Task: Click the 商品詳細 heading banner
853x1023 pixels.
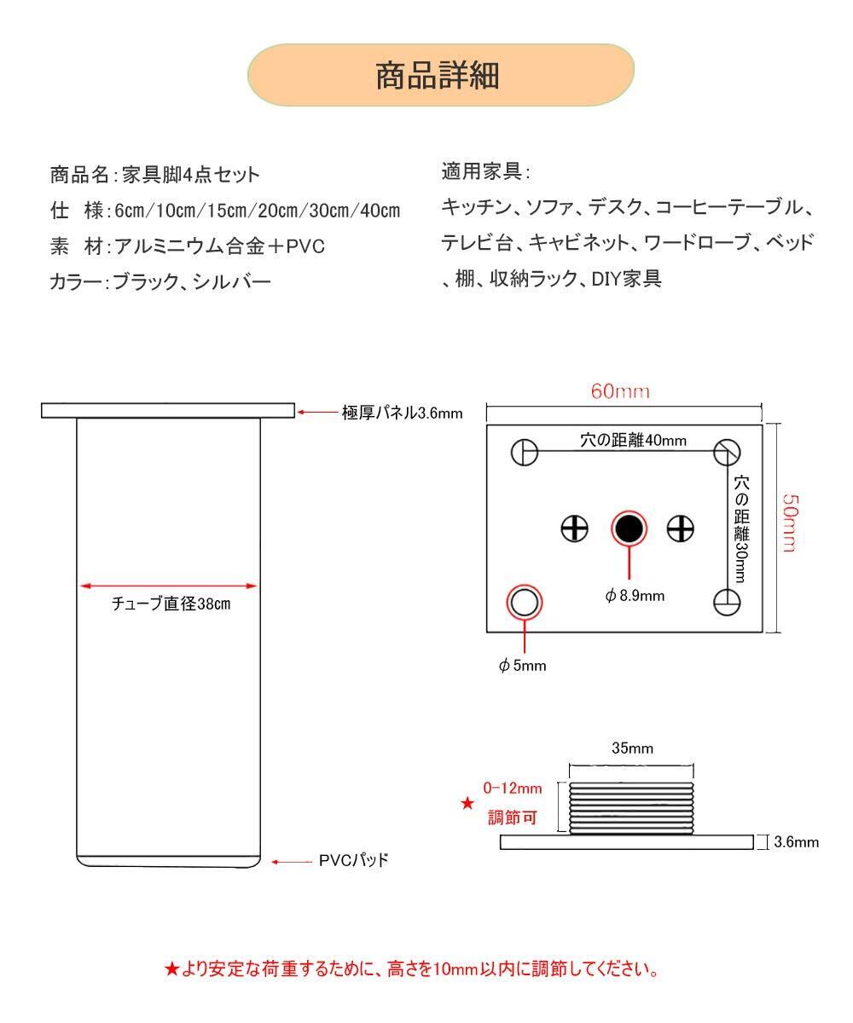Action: pyautogui.click(x=440, y=75)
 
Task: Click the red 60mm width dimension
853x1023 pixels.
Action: pyautogui.click(x=620, y=391)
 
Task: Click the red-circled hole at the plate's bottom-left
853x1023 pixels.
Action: pyautogui.click(x=525, y=603)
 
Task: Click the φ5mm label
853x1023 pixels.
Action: pyautogui.click(x=522, y=666)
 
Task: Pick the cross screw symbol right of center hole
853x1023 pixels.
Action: pyautogui.click(x=681, y=529)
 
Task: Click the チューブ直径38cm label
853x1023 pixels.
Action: pyautogui.click(x=171, y=604)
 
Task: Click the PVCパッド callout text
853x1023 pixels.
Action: pyautogui.click(x=353, y=860)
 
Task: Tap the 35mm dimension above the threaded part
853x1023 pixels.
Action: pyautogui.click(x=632, y=748)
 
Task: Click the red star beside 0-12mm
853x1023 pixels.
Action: pyautogui.click(x=467, y=803)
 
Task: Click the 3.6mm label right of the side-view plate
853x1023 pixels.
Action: pyautogui.click(x=795, y=842)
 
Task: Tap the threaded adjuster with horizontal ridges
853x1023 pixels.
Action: pyautogui.click(x=632, y=808)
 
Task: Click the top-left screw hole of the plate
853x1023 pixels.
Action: pyautogui.click(x=524, y=452)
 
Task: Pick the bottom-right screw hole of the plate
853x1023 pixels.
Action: pyautogui.click(x=728, y=601)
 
